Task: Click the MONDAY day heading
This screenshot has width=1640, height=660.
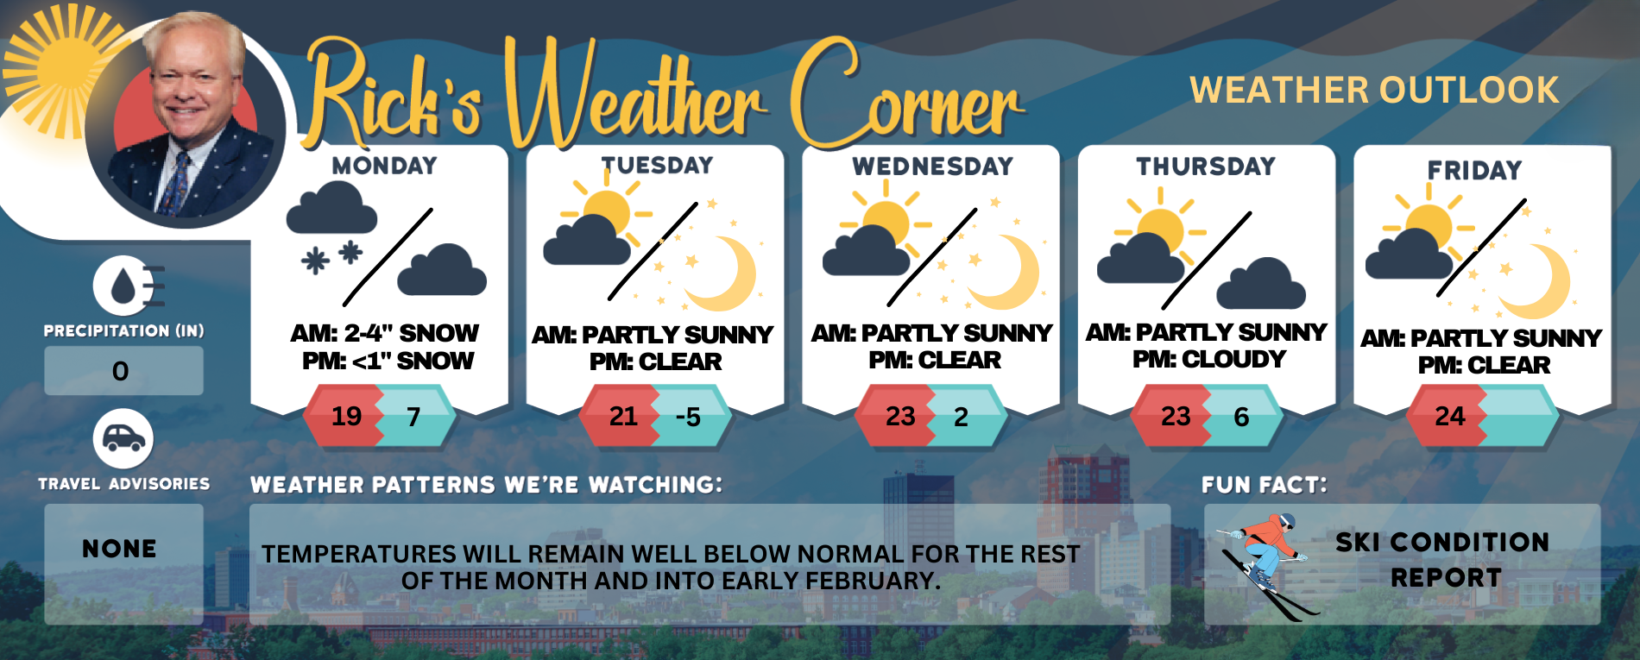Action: (384, 166)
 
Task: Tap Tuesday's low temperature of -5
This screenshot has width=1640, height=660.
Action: (688, 418)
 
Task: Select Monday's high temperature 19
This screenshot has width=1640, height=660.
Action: (347, 417)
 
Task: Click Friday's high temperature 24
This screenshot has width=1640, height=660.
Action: (1450, 417)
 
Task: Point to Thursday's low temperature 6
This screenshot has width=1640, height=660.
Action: (1241, 418)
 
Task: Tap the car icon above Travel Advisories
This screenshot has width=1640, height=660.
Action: (123, 439)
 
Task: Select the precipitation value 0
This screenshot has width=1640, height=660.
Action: (121, 372)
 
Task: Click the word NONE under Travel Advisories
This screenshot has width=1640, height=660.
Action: (120, 549)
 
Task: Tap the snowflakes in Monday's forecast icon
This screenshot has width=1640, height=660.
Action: (332, 257)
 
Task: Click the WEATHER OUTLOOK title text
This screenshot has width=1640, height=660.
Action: (1374, 91)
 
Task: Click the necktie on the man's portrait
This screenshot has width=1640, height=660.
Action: (180, 181)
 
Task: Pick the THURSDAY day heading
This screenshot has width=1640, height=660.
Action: (1206, 167)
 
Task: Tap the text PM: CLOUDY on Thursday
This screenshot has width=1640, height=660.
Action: (1209, 359)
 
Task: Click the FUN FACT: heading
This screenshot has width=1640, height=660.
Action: (1264, 485)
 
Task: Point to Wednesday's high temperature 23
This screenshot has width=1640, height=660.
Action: (900, 418)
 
